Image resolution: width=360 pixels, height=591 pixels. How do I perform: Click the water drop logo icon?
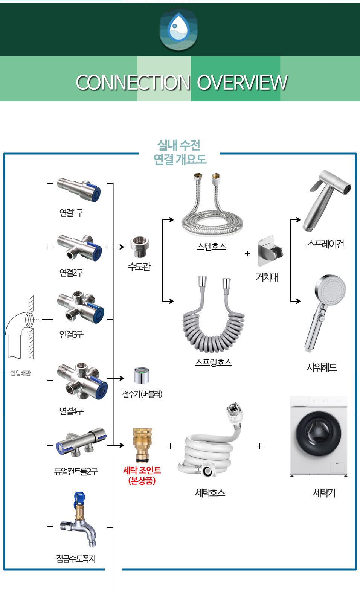tap(178, 29)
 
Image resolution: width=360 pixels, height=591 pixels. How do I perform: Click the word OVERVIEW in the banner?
tap(242, 82)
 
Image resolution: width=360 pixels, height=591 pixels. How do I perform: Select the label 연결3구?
tap(72, 334)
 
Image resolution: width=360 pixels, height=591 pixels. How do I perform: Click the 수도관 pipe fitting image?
tap(140, 247)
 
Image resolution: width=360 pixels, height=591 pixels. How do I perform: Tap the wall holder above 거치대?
tap(270, 251)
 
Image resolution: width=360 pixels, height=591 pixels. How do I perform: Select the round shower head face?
tap(330, 290)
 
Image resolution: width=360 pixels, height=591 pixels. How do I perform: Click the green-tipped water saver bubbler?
tap(142, 375)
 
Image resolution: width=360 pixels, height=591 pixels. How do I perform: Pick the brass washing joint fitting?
tap(142, 445)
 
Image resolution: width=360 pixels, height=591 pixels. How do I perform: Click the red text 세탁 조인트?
tap(142, 470)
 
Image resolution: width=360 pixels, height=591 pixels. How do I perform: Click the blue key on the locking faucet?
tap(79, 498)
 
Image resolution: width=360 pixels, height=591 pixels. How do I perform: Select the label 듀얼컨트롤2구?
tap(76, 471)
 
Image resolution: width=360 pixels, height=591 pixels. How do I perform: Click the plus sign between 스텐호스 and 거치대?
tap(247, 254)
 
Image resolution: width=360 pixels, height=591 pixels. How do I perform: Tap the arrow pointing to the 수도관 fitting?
tap(116, 247)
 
